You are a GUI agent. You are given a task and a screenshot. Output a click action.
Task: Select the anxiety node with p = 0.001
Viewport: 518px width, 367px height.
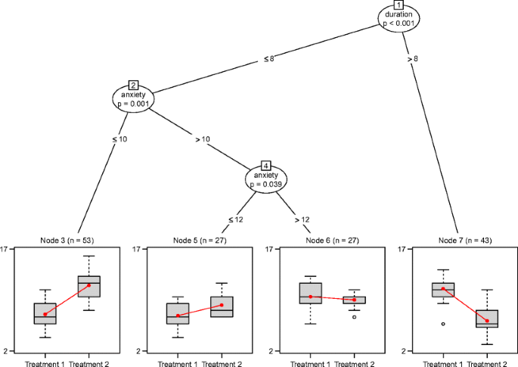coord(132,98)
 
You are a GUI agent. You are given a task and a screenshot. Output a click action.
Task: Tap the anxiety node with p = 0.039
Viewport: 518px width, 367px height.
coord(265,179)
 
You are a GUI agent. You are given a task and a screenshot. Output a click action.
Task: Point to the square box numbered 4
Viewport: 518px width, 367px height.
coord(265,165)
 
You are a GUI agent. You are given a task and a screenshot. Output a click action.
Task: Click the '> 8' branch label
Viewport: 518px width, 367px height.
coord(412,58)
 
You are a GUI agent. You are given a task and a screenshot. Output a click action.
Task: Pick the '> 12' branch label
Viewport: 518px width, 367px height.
coord(300,219)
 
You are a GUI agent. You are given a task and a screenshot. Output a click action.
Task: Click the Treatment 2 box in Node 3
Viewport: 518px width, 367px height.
coord(89,287)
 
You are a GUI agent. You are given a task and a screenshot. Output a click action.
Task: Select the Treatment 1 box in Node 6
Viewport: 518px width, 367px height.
coord(310,293)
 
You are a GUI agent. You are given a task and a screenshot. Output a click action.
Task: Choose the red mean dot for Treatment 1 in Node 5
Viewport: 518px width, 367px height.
coord(178,316)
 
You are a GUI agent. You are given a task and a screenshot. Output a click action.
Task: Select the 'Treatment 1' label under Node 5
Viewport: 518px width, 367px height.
coord(178,363)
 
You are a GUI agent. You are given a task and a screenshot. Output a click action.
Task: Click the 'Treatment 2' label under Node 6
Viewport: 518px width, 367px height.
coord(354,363)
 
